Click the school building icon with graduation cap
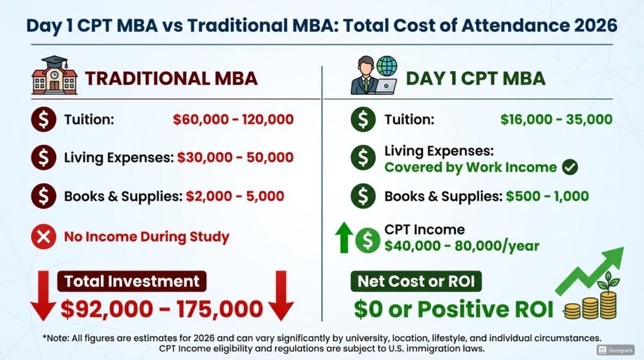(54, 75)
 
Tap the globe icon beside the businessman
(387, 65)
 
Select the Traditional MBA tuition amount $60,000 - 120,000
(233, 120)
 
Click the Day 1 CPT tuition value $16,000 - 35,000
(557, 120)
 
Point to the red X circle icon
(43, 237)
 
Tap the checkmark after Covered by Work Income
(570, 167)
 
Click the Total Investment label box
(132, 281)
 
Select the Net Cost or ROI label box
(416, 281)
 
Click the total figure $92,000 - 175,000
(162, 309)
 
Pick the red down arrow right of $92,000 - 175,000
(281, 295)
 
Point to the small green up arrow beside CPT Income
(344, 237)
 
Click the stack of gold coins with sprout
(591, 299)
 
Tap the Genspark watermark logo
(615, 350)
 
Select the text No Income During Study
(147, 237)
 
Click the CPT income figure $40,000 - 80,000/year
(462, 245)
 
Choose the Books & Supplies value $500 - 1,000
(548, 196)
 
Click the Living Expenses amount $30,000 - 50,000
(235, 157)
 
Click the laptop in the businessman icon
(386, 86)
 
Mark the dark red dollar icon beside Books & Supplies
(43, 196)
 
